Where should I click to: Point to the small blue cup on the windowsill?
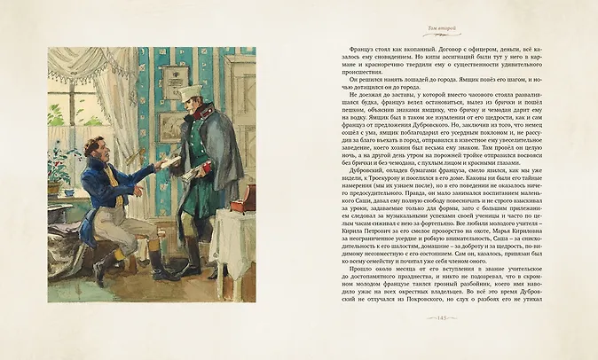[69, 192]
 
